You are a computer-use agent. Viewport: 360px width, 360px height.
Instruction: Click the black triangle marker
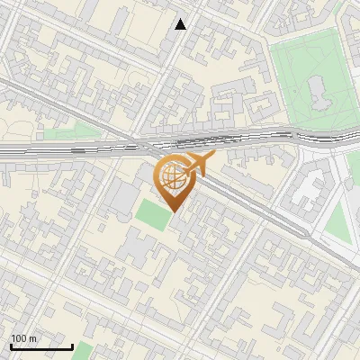181,24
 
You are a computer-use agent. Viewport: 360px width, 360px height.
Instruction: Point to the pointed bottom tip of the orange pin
173,214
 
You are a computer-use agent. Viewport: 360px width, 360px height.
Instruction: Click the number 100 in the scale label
19,339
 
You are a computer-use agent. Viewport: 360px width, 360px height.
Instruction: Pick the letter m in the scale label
33,339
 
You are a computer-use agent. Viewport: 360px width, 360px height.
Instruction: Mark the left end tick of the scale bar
11,345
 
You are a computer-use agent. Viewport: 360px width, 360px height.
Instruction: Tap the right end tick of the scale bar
72,345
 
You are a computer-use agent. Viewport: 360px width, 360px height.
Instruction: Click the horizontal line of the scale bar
41,346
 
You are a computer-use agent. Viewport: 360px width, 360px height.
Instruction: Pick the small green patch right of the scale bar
84,350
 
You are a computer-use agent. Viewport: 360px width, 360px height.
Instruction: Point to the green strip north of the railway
72,134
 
